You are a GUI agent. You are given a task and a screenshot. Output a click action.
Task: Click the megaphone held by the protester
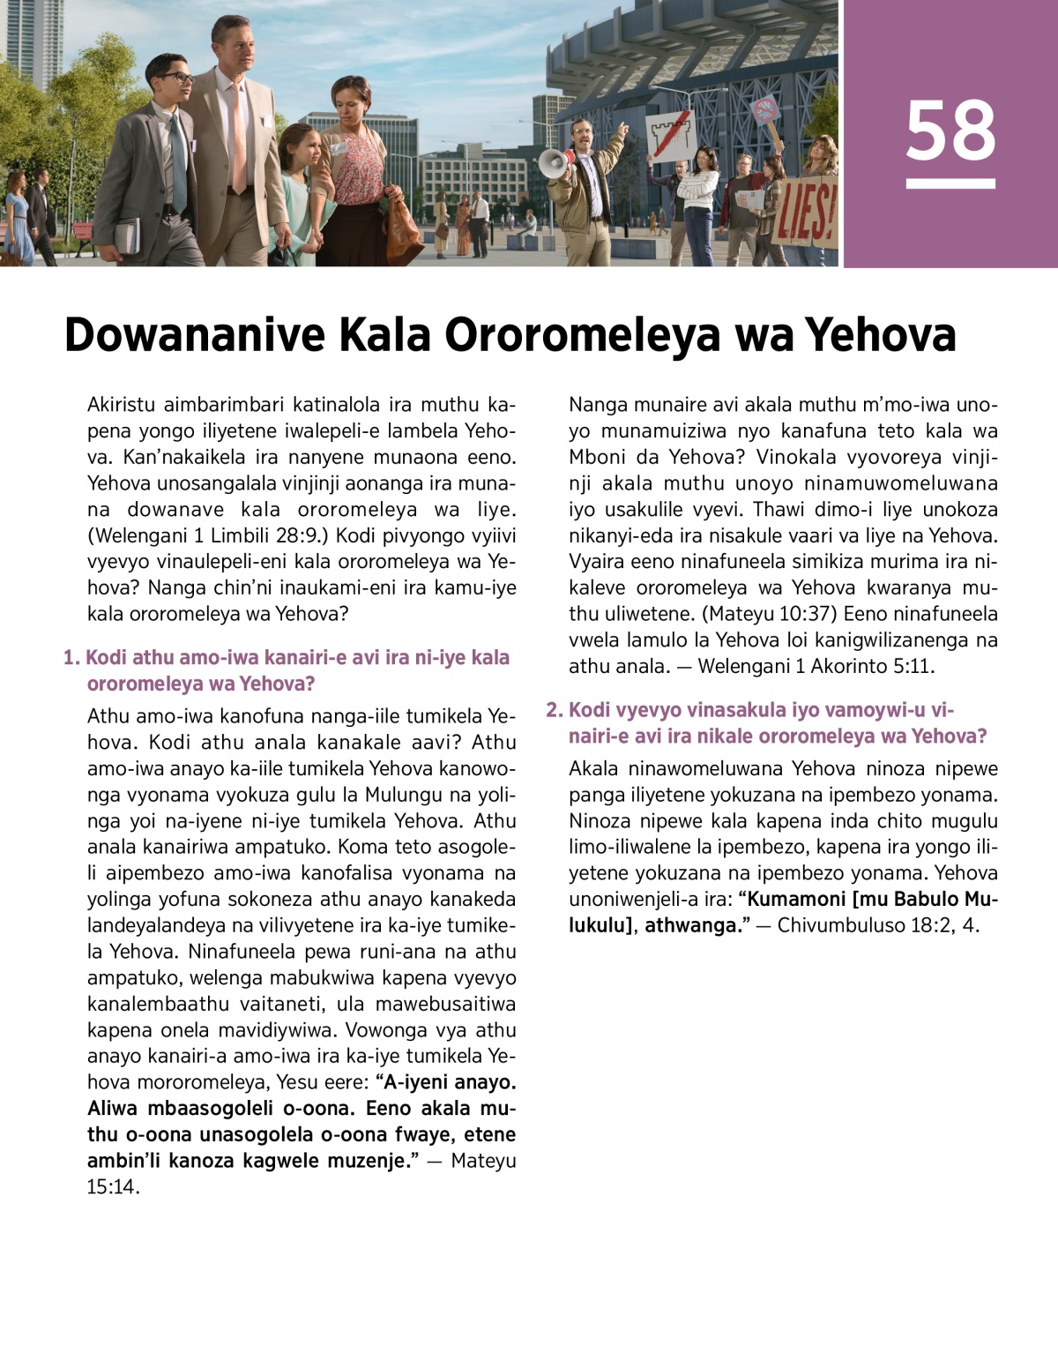(x=555, y=163)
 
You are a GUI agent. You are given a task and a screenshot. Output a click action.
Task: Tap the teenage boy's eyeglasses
(x=177, y=79)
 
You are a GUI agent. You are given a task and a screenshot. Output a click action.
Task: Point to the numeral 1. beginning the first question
(x=71, y=658)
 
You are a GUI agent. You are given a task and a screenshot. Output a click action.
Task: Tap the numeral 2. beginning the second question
(x=554, y=710)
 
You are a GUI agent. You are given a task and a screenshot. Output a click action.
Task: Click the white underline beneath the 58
(x=950, y=184)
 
